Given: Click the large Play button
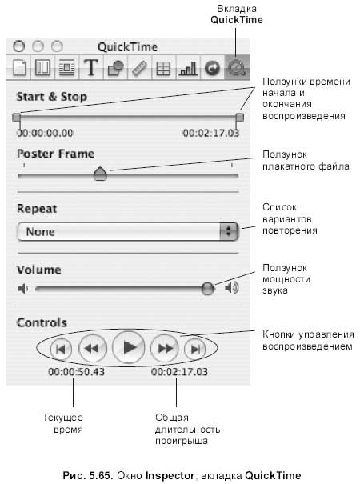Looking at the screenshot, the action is click(x=129, y=347).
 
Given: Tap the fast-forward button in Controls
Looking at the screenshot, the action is click(x=165, y=349).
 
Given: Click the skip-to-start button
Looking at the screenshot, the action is click(x=61, y=349).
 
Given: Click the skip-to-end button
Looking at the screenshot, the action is click(x=195, y=349).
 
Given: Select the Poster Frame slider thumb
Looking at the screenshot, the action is click(x=100, y=174).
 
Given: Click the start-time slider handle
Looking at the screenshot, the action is click(x=16, y=118).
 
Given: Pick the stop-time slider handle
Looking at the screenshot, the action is click(x=239, y=118).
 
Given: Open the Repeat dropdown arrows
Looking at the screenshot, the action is click(x=229, y=231).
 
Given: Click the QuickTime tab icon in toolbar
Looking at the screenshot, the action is click(x=237, y=67).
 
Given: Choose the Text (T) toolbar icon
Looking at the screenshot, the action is click(x=91, y=67).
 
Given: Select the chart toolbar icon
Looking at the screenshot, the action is click(x=188, y=68).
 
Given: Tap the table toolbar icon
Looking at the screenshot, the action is click(x=163, y=69).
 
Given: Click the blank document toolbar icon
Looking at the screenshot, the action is click(x=19, y=67).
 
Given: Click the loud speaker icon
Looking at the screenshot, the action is click(x=232, y=288).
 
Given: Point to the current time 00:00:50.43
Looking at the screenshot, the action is click(x=76, y=372).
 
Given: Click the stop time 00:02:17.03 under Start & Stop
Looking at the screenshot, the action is click(x=211, y=133).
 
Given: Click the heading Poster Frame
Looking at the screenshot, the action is click(x=55, y=154).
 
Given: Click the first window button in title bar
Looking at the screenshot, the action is click(x=19, y=46).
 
